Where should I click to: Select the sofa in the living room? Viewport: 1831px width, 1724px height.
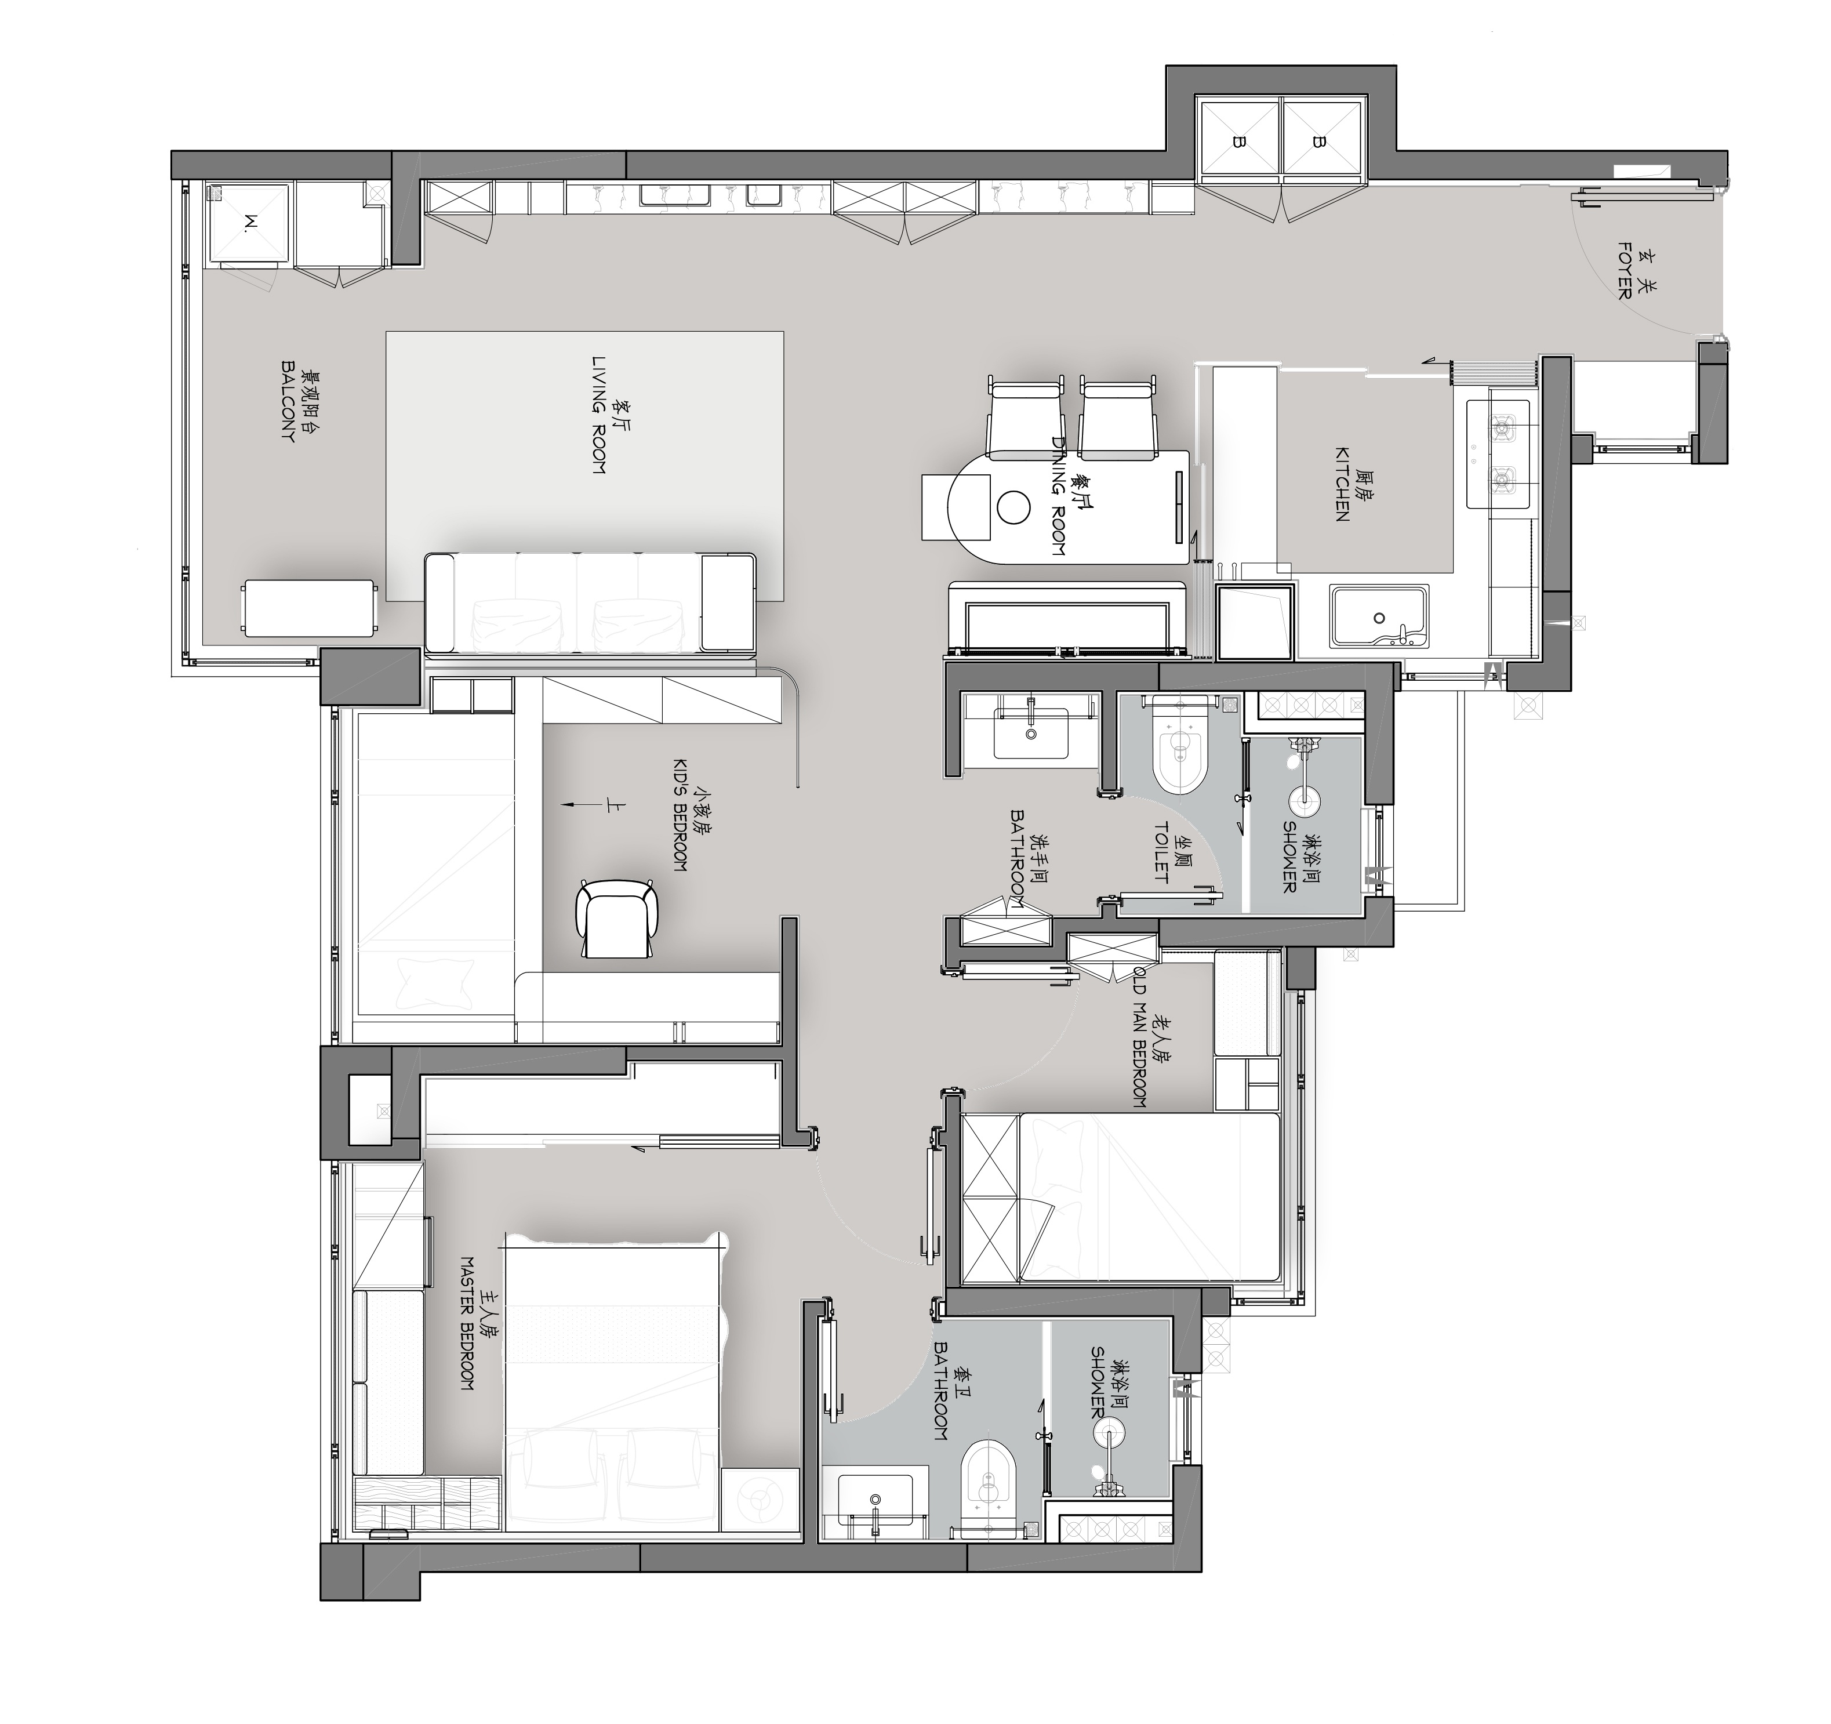click(590, 603)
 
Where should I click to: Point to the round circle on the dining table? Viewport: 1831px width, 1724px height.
click(1014, 506)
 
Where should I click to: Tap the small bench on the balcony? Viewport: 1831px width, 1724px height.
click(310, 608)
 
